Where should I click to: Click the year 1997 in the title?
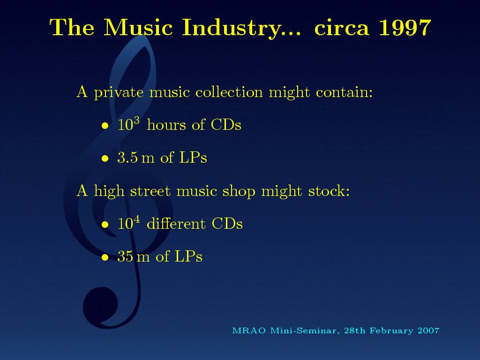tap(405, 28)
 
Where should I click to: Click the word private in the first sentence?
tap(119, 92)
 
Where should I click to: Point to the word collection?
tap(229, 92)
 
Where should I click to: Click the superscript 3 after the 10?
tap(136, 120)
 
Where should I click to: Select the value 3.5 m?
tap(136, 157)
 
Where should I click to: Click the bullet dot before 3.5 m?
tap(105, 158)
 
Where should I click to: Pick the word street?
tap(150, 191)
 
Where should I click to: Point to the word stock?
tap(329, 191)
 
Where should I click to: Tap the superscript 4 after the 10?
tap(137, 219)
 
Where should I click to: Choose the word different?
tap(176, 223)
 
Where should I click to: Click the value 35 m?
tap(134, 256)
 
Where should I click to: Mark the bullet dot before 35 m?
tap(105, 257)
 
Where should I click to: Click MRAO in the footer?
tap(249, 331)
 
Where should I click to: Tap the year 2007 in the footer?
tap(428, 331)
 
